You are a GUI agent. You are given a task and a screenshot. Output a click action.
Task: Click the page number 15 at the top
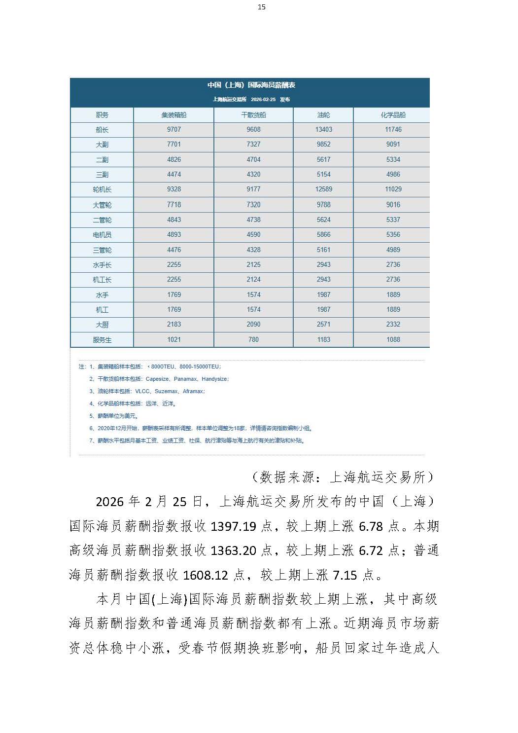261,7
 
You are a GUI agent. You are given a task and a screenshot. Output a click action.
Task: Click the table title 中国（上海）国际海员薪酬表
251,85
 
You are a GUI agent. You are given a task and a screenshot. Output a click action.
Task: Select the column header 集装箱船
173,115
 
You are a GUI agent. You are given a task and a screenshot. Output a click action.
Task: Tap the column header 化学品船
393,115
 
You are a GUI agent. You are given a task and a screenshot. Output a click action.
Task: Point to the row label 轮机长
102,189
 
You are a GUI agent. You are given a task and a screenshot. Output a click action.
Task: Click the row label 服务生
102,340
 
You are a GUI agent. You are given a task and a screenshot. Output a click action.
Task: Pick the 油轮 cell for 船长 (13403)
323,129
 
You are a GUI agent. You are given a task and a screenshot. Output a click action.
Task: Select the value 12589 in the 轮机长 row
323,189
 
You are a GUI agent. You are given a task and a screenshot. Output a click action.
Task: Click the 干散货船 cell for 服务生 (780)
253,339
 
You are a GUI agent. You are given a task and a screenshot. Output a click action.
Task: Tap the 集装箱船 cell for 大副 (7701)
173,144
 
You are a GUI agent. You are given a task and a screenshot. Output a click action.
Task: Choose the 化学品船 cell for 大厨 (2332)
393,324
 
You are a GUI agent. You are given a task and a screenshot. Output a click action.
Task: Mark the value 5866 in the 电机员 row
323,234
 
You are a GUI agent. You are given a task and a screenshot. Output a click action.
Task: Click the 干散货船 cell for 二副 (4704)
253,159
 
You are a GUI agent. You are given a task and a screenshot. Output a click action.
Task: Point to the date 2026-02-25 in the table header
263,100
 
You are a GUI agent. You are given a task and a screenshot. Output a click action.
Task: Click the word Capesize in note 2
157,379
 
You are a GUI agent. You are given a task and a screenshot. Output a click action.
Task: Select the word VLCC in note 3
142,391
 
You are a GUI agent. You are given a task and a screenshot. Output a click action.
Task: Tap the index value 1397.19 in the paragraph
233,526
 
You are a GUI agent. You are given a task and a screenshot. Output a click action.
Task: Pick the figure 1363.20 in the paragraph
233,551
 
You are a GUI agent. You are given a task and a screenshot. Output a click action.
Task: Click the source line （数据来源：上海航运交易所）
343,477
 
